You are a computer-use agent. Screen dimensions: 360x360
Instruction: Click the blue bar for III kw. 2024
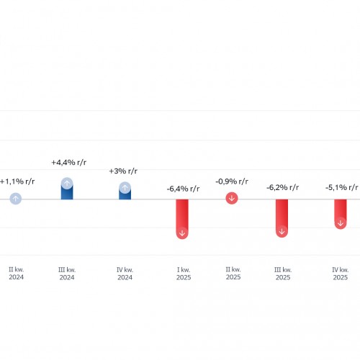(67, 189)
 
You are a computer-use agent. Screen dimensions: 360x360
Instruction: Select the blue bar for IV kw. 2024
(125, 191)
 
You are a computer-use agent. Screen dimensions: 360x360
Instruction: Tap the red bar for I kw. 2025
(182, 219)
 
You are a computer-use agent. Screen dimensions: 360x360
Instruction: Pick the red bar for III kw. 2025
(282, 218)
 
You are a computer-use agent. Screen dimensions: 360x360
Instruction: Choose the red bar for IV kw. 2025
(341, 214)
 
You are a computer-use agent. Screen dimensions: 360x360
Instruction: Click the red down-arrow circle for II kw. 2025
(232, 198)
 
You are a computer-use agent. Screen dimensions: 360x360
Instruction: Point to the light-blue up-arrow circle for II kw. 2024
(16, 199)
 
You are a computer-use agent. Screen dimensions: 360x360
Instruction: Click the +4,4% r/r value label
(69, 163)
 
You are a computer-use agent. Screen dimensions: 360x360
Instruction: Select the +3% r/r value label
(123, 171)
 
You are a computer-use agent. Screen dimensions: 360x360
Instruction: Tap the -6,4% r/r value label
(183, 189)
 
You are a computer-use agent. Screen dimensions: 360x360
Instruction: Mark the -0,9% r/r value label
(232, 181)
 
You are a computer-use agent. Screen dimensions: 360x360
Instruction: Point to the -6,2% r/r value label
(283, 187)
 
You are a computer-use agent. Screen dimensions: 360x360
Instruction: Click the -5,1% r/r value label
(342, 187)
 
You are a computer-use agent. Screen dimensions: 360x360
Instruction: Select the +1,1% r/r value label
(17, 181)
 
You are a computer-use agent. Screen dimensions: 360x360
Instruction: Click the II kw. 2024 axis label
(17, 274)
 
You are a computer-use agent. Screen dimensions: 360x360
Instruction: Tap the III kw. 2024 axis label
(67, 274)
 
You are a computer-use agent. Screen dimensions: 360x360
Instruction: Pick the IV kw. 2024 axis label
(125, 274)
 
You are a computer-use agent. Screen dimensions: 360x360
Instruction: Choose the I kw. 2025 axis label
(184, 274)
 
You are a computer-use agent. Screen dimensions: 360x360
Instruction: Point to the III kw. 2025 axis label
(283, 274)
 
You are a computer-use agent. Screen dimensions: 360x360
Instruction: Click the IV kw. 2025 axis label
(341, 274)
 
